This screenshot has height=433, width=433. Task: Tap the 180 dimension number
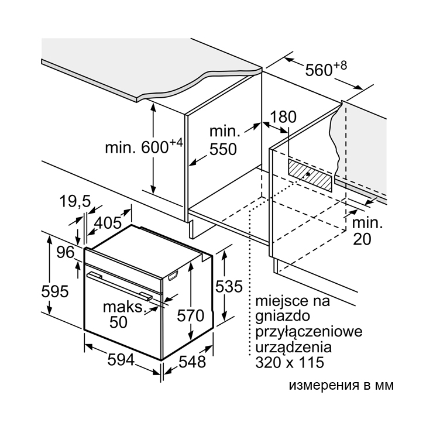pyautogui.click(x=283, y=117)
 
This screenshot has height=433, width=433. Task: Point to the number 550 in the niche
pyautogui.click(x=223, y=149)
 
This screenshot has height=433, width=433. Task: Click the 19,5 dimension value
pyautogui.click(x=75, y=201)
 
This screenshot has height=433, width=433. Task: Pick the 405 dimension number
pyautogui.click(x=108, y=222)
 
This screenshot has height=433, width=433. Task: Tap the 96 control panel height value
pyautogui.click(x=66, y=252)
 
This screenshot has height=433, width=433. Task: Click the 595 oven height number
pyautogui.click(x=54, y=291)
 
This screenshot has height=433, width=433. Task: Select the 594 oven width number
pyautogui.click(x=121, y=360)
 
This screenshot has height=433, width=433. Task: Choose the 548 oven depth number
pyautogui.click(x=192, y=362)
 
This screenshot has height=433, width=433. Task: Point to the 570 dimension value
pyautogui.click(x=191, y=315)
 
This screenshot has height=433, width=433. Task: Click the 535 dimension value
pyautogui.click(x=229, y=286)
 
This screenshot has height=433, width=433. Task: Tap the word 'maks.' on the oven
pyautogui.click(x=125, y=307)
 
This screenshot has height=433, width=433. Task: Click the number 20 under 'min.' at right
pyautogui.click(x=362, y=239)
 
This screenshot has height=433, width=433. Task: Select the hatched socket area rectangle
pyautogui.click(x=310, y=175)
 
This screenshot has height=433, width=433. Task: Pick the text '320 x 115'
pyautogui.click(x=290, y=362)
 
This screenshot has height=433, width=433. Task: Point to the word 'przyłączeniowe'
pyautogui.click(x=309, y=332)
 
